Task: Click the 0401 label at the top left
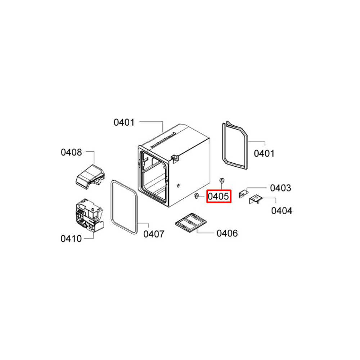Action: pyautogui.click(x=124, y=122)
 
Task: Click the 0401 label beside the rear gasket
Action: pyautogui.click(x=264, y=153)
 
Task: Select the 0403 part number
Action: pyautogui.click(x=280, y=188)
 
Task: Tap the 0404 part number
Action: pyautogui.click(x=282, y=211)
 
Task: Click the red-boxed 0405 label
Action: pyautogui.click(x=219, y=197)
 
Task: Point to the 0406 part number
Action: pyautogui.click(x=227, y=234)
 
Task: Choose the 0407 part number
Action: pyautogui.click(x=154, y=234)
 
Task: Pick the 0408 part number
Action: pyautogui.click(x=71, y=152)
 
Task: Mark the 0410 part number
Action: pyautogui.click(x=71, y=239)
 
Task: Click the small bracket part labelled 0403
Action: pyautogui.click(x=244, y=193)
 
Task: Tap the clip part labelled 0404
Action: pyautogui.click(x=256, y=199)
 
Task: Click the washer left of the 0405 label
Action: pyautogui.click(x=196, y=196)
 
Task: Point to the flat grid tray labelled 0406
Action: pyautogui.click(x=191, y=223)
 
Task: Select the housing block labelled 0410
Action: pyautogui.click(x=90, y=216)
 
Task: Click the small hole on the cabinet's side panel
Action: pyautogui.click(x=179, y=185)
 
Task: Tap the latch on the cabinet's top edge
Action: pyautogui.click(x=175, y=158)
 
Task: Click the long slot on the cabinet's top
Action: pyautogui.click(x=163, y=139)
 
